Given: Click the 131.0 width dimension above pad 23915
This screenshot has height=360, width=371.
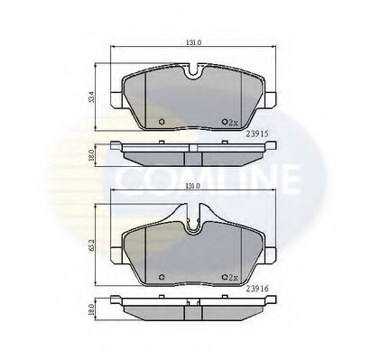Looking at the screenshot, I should coord(192,42).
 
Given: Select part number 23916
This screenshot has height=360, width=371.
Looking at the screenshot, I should coord(258,289).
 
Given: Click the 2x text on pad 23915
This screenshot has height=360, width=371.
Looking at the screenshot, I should coord(233,123).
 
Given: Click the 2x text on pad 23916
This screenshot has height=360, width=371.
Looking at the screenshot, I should coord(233,277).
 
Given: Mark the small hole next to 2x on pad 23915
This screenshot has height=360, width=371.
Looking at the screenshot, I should coord(223,122).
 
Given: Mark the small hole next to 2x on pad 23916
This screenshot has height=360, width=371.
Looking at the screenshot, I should coord(223,276).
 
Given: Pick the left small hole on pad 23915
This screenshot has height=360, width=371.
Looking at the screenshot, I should coord(160,122).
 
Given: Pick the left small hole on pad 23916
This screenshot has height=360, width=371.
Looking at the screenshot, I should coord(160,276).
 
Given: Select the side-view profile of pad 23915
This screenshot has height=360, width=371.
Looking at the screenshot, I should coord(192,153).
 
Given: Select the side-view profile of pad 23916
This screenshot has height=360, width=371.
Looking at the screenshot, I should coord(192,309).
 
